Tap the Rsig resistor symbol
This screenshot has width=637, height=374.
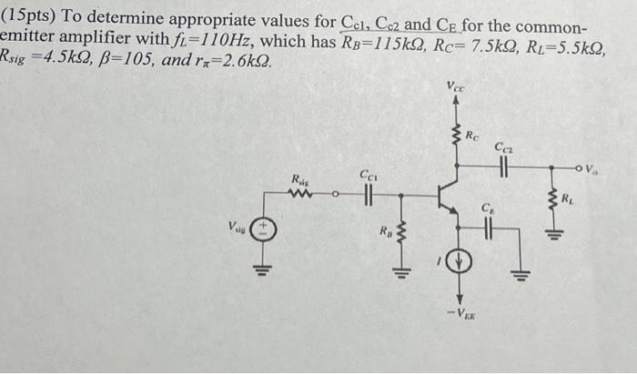[301, 193]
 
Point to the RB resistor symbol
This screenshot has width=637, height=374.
[397, 239]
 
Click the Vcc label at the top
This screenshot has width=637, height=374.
[456, 87]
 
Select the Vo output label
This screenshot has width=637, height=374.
[592, 167]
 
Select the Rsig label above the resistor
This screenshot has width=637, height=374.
[301, 178]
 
